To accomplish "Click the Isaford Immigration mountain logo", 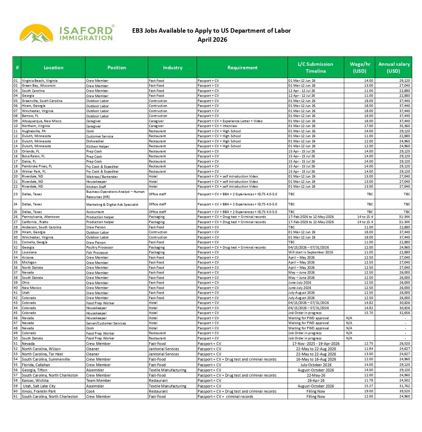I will point(37,34).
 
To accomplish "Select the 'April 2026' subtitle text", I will point(212,40).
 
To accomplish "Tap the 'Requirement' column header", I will point(242,68).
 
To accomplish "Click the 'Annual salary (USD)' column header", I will point(394,68).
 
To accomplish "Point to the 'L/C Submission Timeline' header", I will point(316,68).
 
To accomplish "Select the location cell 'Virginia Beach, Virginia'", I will point(40,81).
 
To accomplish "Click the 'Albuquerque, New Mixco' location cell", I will point(42,121).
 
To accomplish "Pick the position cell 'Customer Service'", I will point(99,136).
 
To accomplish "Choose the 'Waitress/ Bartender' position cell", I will point(102,177).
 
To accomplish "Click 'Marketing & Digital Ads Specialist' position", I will point(112,205).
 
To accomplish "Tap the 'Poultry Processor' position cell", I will point(100,248).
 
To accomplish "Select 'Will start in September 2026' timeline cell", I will point(311,252).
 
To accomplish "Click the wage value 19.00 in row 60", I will point(368,391).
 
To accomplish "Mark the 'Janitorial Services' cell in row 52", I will point(164,349).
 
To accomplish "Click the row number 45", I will point(16,313).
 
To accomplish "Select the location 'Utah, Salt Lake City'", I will point(39,386).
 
